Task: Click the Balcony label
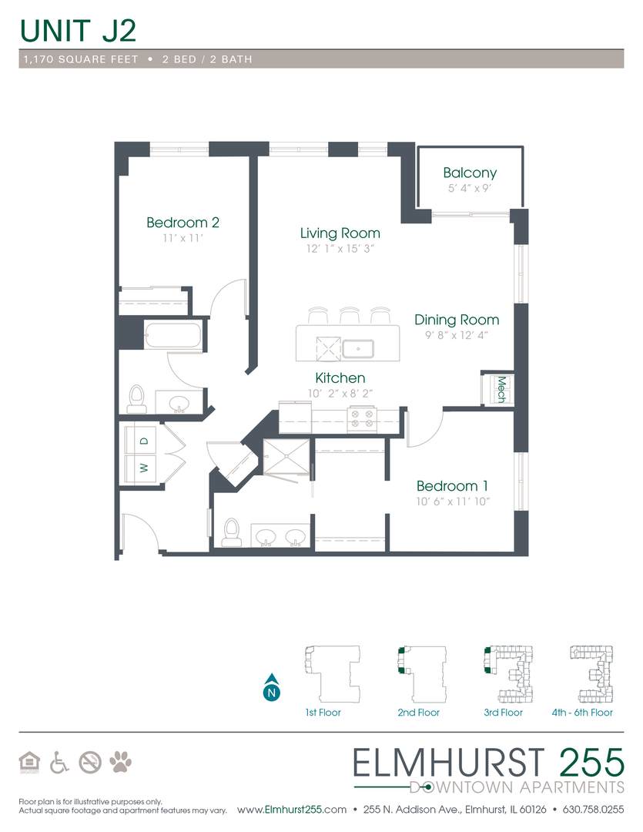470,173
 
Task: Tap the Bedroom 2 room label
183,223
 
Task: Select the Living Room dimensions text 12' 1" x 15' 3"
340,248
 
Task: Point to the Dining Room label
457,320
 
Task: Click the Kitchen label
340,377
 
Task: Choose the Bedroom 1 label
452,485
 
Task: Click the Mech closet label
501,389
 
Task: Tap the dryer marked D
141,441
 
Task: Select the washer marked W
141,468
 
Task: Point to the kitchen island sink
358,349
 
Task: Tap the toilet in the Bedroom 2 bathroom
137,400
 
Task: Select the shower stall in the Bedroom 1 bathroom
286,457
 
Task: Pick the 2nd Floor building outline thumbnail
422,673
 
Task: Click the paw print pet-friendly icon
120,763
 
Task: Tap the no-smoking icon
90,763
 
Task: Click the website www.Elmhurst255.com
291,810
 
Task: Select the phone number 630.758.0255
593,810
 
